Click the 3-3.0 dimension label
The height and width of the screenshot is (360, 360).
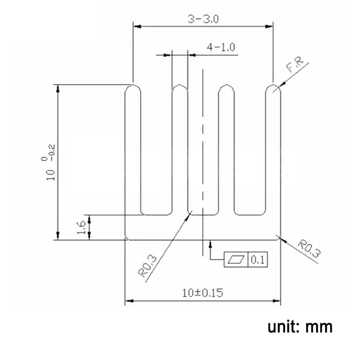203,19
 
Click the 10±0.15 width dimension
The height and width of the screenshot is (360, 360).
202,293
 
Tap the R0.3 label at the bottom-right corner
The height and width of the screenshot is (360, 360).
309,249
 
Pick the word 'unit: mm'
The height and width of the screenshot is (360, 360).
300,327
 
